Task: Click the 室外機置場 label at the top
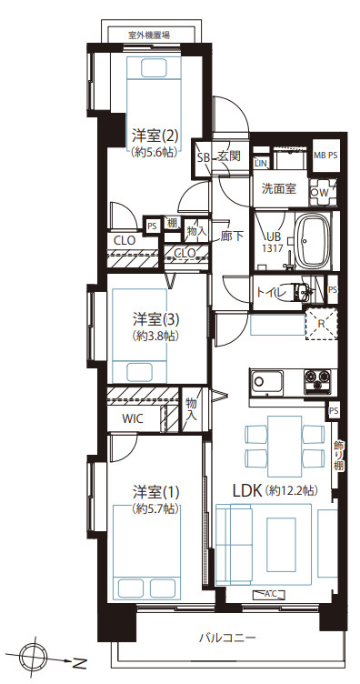click(x=149, y=35)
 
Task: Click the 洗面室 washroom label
click(x=279, y=189)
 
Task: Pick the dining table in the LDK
click(x=284, y=443)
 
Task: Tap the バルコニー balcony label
click(x=227, y=639)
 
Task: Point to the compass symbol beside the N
click(x=31, y=658)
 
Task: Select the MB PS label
click(x=325, y=154)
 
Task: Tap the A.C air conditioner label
click(x=271, y=594)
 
